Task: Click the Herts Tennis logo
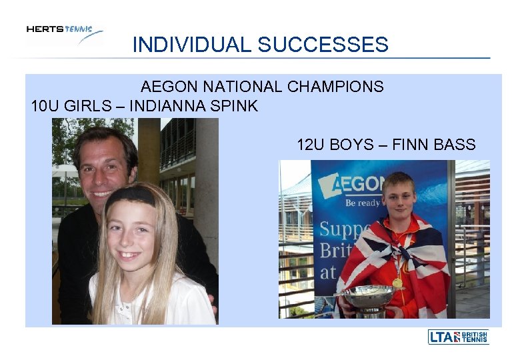[65, 33]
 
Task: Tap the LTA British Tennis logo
[458, 337]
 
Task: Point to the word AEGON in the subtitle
[169, 87]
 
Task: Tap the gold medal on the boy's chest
[397, 283]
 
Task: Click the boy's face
[399, 197]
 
